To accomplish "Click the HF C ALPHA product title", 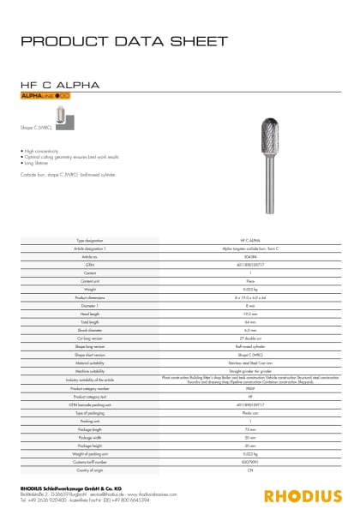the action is point(58,86).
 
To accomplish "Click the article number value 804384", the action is point(250,257).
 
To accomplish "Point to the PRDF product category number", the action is point(250,388).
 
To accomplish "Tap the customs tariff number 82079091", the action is point(250,463).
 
